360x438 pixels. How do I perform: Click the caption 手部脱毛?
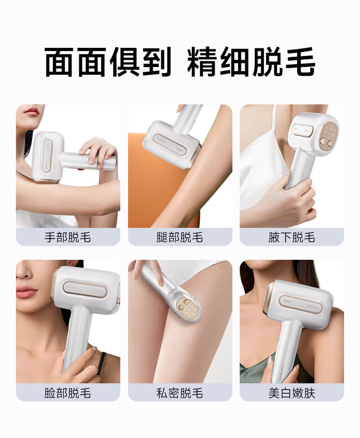coord(68,237)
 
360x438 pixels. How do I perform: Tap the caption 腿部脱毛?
coord(180,237)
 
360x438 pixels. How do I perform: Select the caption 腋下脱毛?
coord(292,237)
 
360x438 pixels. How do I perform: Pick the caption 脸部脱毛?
coord(68,393)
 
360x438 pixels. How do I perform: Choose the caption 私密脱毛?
coord(180,393)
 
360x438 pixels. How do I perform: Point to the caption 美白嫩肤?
coord(292,393)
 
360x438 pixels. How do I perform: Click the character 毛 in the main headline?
coord(300,62)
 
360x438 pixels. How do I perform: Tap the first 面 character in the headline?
coord(60,62)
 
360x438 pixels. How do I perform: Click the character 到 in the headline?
coord(155,62)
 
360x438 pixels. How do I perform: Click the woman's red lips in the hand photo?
coord(31,111)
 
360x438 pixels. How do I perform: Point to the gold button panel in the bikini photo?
coord(188,308)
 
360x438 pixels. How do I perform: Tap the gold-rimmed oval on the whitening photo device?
coord(300,304)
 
